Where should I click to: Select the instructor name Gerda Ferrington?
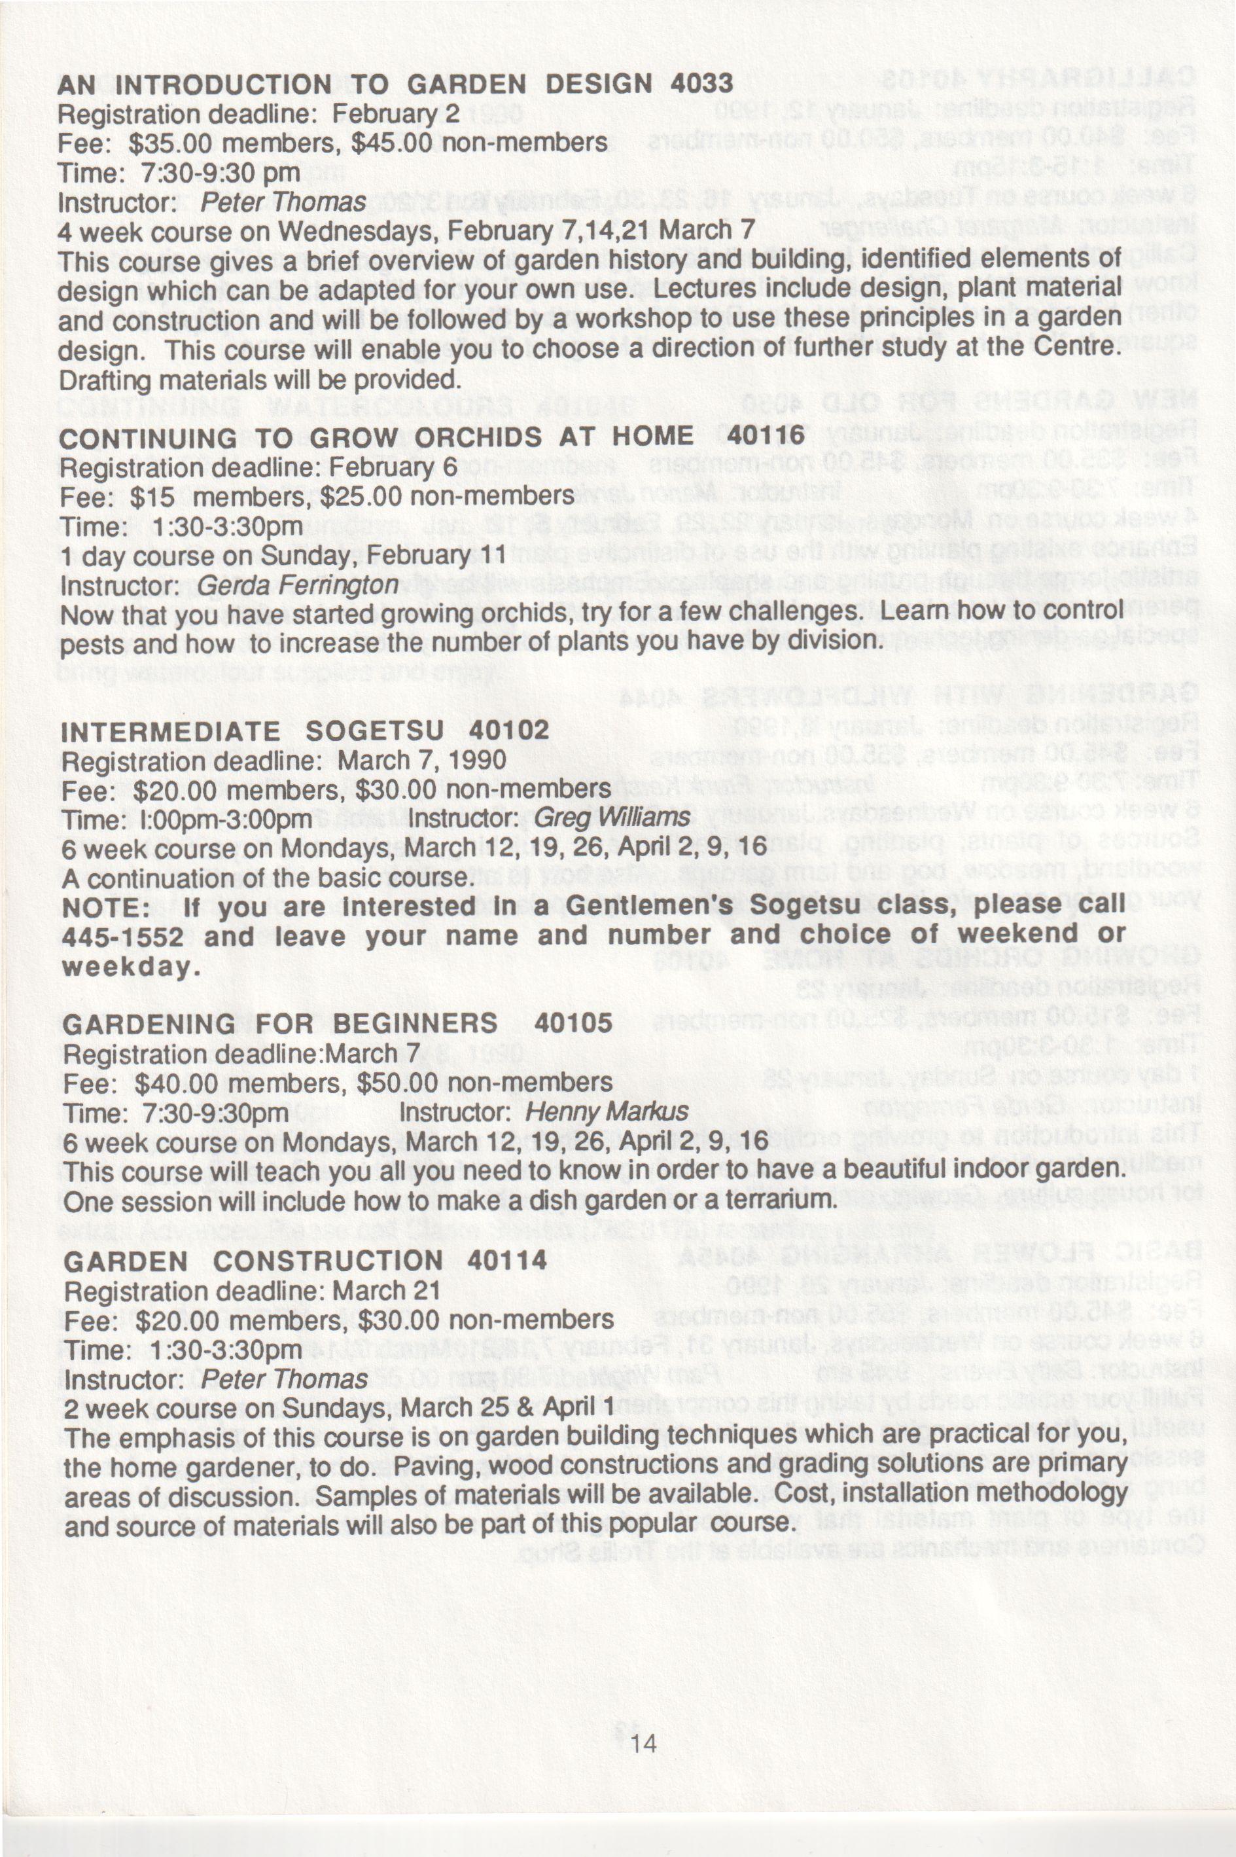[x=298, y=585]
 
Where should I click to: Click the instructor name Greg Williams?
[x=612, y=818]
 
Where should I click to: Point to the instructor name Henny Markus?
[x=606, y=1112]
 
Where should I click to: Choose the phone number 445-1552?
[x=122, y=937]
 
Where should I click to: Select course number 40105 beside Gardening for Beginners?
[x=573, y=1024]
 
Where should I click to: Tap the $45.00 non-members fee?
[x=393, y=143]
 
